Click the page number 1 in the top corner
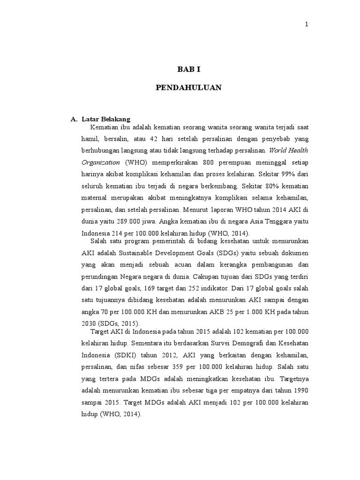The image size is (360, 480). tap(307, 25)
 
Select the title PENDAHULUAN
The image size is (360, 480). tap(188, 88)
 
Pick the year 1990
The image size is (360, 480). tap(299, 391)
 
